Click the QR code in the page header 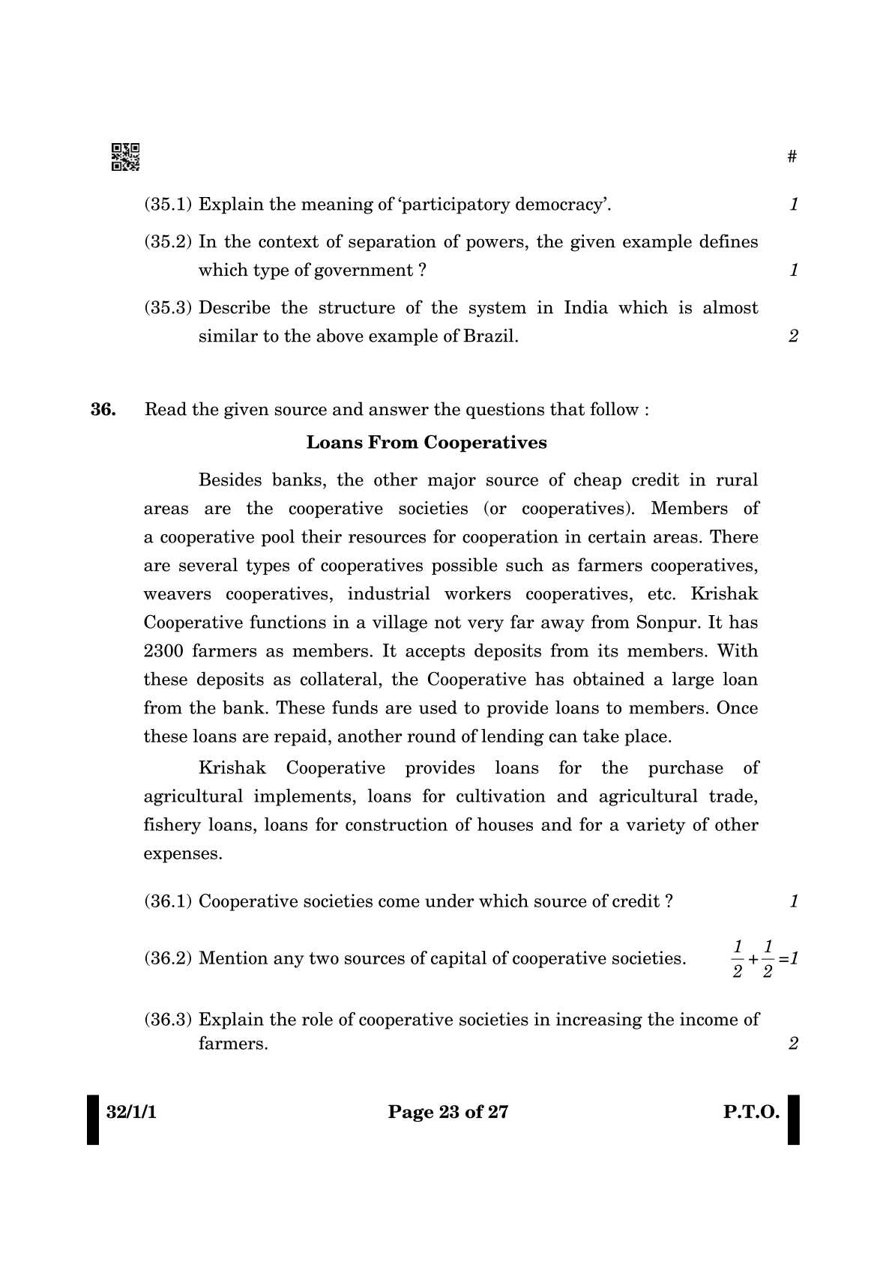tap(125, 157)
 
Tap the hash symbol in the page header tap(792, 157)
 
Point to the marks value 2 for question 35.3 tap(794, 336)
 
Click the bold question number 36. tap(103, 410)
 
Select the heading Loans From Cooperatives tap(427, 443)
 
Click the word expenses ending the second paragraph tap(183, 854)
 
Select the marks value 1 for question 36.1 tap(794, 901)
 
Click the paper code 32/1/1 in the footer tap(131, 1112)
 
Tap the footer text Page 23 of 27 tap(447, 1112)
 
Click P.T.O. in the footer tap(751, 1112)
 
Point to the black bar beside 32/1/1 tap(93, 1119)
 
